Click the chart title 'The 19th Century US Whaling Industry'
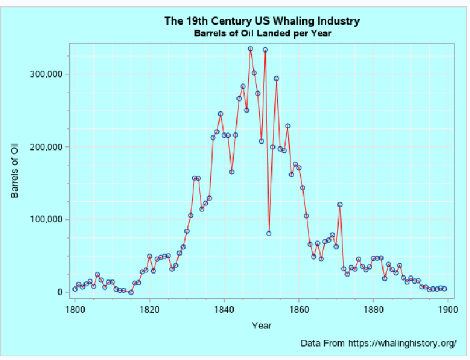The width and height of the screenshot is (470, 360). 262,21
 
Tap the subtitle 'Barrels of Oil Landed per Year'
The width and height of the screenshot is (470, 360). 262,33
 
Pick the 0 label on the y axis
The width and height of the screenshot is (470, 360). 59,292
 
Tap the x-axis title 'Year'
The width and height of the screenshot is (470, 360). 262,326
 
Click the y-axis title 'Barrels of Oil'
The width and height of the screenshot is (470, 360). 15,170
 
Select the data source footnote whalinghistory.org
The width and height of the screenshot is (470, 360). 378,343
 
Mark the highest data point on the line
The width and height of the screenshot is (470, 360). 250,49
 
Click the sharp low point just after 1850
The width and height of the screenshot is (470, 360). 269,233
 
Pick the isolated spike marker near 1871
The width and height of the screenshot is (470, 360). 340,205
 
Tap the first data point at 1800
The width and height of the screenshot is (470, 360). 75,289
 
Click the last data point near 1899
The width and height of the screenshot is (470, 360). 444,289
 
